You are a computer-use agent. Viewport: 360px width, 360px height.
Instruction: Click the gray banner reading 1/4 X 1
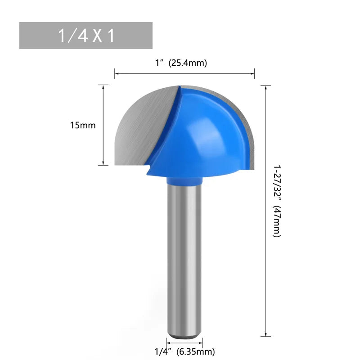[85, 36]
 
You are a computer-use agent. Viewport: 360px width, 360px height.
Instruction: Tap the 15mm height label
[83, 126]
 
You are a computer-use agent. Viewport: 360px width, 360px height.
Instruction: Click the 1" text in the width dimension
[159, 63]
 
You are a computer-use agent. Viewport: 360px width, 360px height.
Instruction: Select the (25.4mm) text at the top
[188, 63]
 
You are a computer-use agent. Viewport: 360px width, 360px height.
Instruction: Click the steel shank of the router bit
[184, 256]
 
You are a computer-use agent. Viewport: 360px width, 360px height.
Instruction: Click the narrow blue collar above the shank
[184, 180]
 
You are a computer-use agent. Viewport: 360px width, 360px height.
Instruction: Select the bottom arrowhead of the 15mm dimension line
[103, 163]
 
